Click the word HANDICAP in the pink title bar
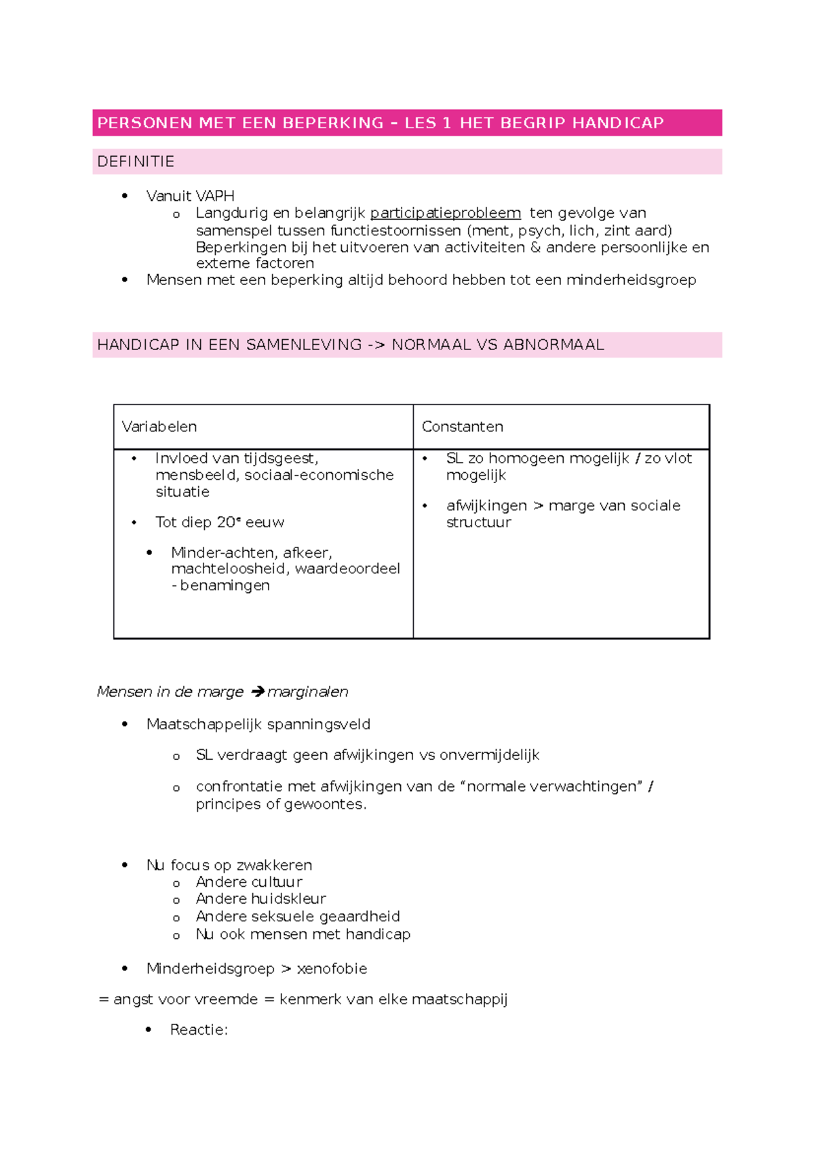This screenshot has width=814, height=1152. pos(617,123)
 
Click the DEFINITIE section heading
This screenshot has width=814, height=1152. pos(136,161)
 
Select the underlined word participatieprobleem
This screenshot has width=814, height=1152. pos(445,213)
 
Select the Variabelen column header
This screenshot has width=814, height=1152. pos(159,427)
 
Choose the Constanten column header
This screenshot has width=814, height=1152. pos(462,427)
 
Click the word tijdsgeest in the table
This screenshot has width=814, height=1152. pos(280,459)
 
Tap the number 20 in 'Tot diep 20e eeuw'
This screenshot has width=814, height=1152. pos(225,522)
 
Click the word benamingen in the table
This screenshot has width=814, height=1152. pos(225,585)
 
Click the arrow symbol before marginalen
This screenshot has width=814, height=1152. pos(257,692)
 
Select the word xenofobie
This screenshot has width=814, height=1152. pos(332,969)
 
